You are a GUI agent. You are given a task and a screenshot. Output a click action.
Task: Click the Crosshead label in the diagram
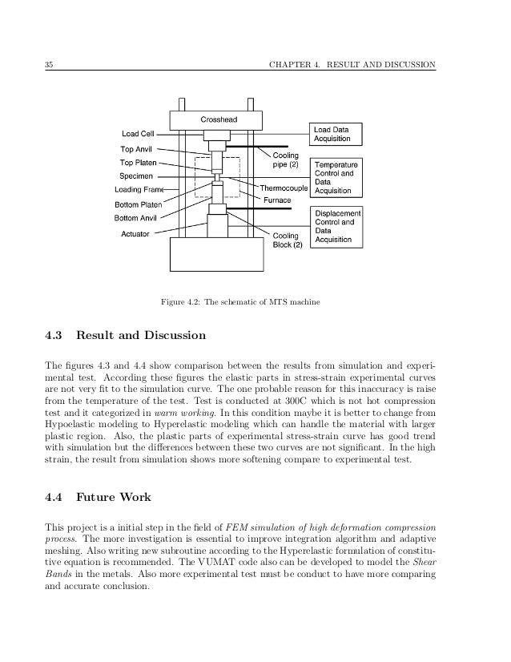tap(218, 119)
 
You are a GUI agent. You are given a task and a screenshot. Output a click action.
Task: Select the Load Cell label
tap(138, 134)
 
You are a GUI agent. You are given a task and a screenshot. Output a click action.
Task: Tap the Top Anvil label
tap(136, 149)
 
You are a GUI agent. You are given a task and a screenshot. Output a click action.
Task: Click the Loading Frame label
tap(139, 190)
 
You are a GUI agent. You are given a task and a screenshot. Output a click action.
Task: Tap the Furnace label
tap(277, 200)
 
